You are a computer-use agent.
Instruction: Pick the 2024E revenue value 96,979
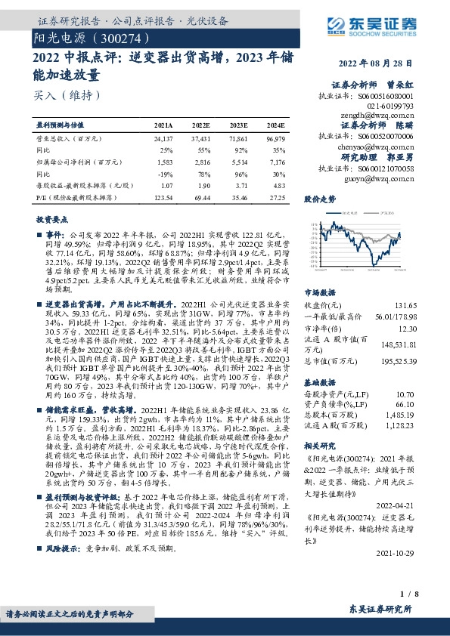point(275,139)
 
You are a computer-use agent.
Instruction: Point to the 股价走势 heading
point(319,199)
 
